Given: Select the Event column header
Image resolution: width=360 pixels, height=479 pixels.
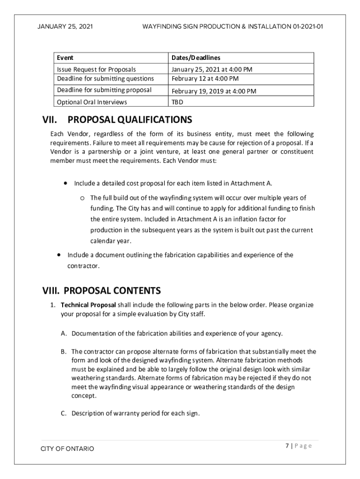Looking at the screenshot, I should click(x=65, y=58).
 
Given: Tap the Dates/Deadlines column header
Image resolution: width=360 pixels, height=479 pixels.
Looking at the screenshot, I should click(x=195, y=58).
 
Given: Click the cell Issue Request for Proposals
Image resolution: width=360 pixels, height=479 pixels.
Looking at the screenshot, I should click(x=96, y=70).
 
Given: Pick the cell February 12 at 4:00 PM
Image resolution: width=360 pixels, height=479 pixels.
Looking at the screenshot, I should click(x=205, y=78).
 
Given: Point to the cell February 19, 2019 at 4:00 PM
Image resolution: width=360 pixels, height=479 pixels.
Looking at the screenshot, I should click(x=214, y=91).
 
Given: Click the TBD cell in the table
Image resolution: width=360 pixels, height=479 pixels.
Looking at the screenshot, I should click(x=177, y=102).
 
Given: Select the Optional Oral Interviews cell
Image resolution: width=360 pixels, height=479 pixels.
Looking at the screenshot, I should click(x=92, y=102).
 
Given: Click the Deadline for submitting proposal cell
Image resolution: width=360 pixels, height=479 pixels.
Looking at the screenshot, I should click(x=104, y=90).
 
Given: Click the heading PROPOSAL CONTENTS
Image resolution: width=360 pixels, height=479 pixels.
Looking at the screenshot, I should click(x=112, y=291).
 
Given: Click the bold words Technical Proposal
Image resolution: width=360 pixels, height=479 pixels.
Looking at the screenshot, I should click(x=89, y=305).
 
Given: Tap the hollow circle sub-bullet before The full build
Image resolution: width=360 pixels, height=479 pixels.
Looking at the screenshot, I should click(x=82, y=198).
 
